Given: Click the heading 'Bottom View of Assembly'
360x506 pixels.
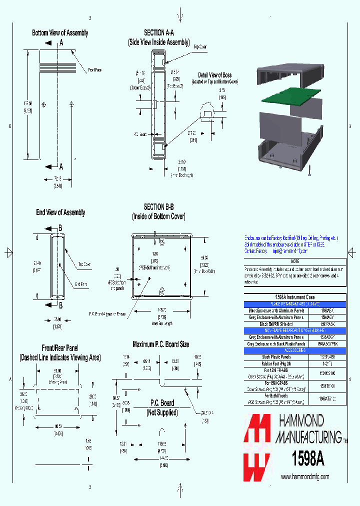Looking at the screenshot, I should (x=60, y=32).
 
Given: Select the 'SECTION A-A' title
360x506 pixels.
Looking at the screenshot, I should (x=158, y=32).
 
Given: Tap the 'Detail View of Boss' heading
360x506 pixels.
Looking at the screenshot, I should (x=214, y=75).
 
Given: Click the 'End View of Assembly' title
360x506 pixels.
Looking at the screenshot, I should (x=60, y=212).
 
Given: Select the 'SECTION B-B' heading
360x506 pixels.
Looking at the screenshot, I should (x=158, y=207).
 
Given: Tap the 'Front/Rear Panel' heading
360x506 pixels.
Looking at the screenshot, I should (x=59, y=347).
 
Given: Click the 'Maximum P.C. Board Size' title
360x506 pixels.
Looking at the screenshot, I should (x=160, y=344).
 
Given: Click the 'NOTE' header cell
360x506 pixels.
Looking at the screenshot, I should (x=295, y=261).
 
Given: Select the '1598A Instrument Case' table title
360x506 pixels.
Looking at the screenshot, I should (x=294, y=297).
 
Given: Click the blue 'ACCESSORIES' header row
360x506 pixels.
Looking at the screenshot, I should (x=294, y=351).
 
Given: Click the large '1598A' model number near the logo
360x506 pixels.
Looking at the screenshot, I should (x=308, y=459).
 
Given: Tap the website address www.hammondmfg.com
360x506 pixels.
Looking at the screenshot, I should (x=304, y=477).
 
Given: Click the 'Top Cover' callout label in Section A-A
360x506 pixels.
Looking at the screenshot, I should (x=200, y=46).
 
